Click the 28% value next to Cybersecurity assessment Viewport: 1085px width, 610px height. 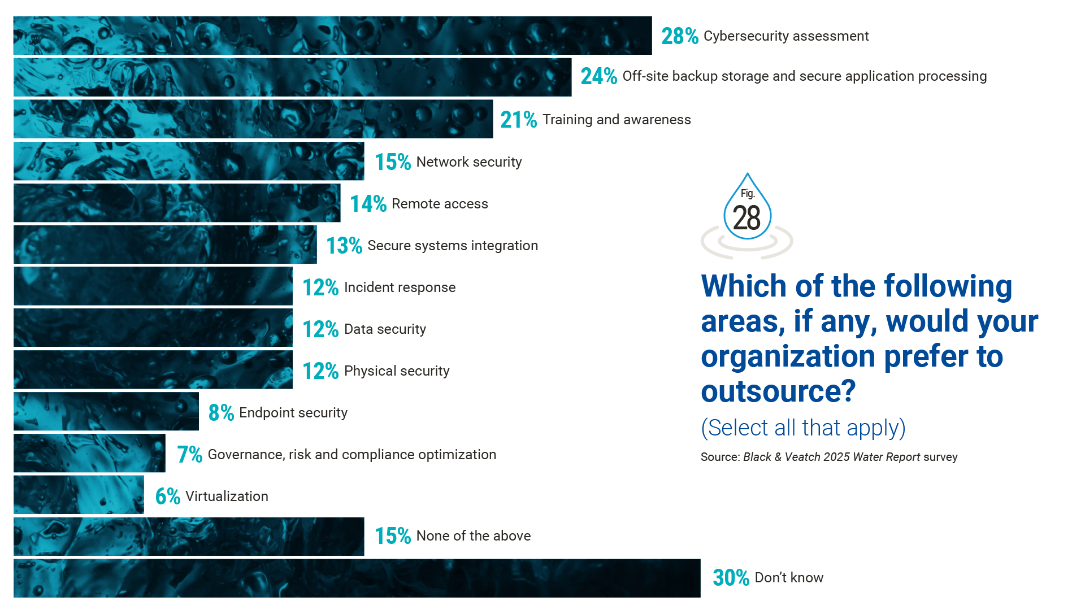(x=679, y=36)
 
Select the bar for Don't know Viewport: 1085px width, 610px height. (x=357, y=578)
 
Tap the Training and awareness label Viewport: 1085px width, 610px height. (x=617, y=120)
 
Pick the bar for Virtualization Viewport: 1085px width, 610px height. (x=79, y=495)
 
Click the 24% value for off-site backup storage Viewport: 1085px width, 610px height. (x=598, y=76)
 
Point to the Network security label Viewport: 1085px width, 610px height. (x=468, y=162)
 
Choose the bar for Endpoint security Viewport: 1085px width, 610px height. (x=106, y=411)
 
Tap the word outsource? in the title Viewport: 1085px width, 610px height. (x=778, y=391)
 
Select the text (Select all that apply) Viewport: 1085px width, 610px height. (x=803, y=428)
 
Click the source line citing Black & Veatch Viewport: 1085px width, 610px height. (x=828, y=457)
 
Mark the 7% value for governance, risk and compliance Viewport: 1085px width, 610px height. (x=189, y=455)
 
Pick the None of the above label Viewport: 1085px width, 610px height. (x=473, y=536)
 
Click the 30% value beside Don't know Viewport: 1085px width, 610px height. (x=730, y=578)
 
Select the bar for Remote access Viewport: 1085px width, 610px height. (x=177, y=203)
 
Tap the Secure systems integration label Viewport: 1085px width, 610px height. (x=452, y=246)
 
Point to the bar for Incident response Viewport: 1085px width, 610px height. (x=153, y=286)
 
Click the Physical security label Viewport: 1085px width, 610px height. (x=396, y=371)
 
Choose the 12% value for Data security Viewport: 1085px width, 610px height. (x=320, y=329)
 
